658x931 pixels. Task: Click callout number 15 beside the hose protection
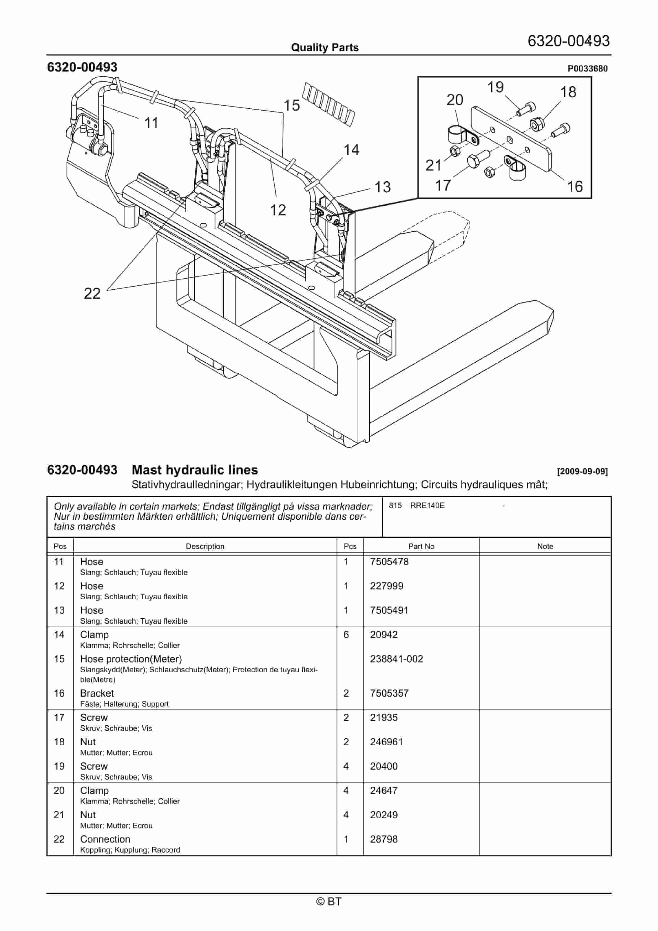tap(291, 105)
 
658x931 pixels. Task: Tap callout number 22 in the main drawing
tap(92, 293)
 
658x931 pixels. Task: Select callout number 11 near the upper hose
tap(151, 123)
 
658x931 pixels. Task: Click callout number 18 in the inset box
tap(568, 92)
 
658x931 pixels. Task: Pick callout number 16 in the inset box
tap(575, 187)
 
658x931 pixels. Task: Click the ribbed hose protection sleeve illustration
tap(329, 103)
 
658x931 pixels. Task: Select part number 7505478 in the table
tap(389, 562)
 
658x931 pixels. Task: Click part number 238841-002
tap(396, 659)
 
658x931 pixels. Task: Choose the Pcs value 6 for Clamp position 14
tap(346, 635)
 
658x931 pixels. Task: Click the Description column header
tap(205, 546)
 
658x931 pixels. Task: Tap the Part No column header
tap(421, 546)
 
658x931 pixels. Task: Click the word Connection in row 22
tap(105, 839)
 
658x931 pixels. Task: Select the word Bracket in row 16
tap(97, 693)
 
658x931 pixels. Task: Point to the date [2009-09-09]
tap(582, 471)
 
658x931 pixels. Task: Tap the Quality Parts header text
tap(325, 48)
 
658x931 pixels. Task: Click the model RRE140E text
tap(427, 505)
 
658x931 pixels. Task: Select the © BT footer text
tap(329, 901)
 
